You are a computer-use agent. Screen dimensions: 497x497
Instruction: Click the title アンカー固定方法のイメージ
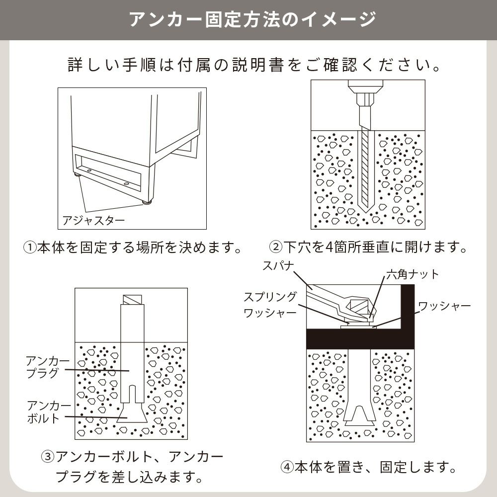(x=252, y=19)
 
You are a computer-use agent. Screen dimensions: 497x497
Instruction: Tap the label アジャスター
(x=93, y=220)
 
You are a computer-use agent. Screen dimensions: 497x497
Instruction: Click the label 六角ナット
(x=413, y=274)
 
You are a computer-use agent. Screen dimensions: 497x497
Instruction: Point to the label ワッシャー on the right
(x=444, y=306)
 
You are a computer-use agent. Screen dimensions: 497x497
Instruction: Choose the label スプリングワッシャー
(x=270, y=305)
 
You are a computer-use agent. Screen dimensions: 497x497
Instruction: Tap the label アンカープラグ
(x=48, y=367)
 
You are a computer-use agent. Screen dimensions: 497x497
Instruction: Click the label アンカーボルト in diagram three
(x=49, y=412)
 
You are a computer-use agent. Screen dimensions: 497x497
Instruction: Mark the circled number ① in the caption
(x=30, y=248)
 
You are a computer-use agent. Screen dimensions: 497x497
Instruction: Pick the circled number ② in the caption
(x=275, y=247)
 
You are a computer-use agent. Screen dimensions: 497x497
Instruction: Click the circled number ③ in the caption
(x=48, y=457)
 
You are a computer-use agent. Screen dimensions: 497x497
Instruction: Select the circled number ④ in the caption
(x=287, y=467)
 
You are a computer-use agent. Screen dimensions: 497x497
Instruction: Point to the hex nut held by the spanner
(x=359, y=306)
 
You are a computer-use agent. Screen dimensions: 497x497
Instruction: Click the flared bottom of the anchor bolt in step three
(x=132, y=413)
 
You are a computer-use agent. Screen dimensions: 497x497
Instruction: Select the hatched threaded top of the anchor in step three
(x=132, y=300)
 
